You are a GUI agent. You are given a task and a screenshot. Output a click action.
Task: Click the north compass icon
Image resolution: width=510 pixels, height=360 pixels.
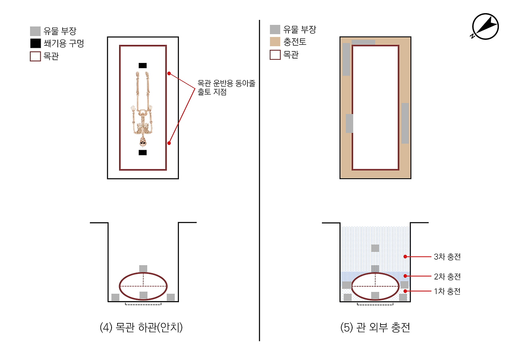click(485, 26)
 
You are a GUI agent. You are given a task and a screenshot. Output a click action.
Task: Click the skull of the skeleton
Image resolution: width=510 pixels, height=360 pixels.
click(143, 141)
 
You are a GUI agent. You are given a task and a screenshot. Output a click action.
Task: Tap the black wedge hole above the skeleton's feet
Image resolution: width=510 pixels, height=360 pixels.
click(143, 65)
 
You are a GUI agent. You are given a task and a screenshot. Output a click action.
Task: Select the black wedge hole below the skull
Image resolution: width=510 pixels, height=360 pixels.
click(143, 153)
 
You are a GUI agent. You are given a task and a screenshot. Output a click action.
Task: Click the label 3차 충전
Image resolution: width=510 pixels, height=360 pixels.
click(447, 257)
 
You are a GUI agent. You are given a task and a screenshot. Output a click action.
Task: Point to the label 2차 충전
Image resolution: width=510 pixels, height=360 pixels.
click(447, 276)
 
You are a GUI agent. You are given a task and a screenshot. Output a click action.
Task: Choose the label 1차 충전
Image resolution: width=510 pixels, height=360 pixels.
click(447, 292)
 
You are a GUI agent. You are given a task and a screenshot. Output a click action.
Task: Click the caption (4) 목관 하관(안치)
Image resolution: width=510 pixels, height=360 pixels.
click(141, 327)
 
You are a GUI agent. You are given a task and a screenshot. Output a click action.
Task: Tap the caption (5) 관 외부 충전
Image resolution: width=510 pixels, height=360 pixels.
click(375, 327)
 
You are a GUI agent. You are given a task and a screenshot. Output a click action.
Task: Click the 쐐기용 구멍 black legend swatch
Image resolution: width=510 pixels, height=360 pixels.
click(35, 43)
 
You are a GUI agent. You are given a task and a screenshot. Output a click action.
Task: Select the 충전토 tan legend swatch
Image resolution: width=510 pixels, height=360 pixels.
click(275, 42)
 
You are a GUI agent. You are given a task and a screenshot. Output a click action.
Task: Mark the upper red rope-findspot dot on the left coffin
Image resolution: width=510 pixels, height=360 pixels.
click(169, 74)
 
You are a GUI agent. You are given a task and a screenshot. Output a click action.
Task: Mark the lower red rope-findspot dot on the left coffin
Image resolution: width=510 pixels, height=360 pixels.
click(169, 143)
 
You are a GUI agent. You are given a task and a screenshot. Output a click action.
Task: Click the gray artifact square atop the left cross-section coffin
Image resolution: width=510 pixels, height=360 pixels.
click(143, 269)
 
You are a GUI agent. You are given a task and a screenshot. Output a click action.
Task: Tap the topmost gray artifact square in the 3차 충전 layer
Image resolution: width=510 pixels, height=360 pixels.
click(375, 248)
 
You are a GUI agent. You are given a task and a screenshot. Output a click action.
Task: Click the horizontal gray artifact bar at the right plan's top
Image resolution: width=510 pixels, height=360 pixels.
click(363, 42)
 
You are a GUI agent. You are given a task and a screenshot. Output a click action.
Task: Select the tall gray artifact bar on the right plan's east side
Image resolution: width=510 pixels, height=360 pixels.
click(405, 123)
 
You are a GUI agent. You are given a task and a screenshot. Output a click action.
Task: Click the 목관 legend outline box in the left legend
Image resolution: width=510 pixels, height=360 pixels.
click(35, 56)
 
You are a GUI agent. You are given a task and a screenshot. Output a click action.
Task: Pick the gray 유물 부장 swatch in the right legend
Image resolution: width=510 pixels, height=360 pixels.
click(275, 29)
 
